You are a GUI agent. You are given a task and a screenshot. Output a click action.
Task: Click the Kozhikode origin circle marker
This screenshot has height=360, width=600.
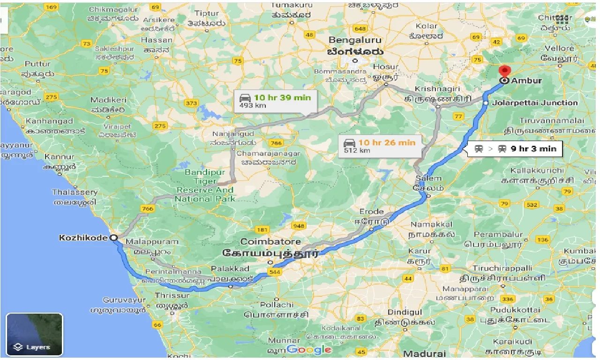pyautogui.click(x=113, y=238)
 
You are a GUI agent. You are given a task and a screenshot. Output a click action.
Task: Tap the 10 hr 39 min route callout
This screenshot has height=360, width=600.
pyautogui.click(x=275, y=101)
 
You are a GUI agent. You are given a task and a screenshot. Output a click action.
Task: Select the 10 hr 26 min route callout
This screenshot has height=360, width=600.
pyautogui.click(x=380, y=146)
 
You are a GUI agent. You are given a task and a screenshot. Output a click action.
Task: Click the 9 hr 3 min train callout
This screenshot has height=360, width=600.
pyautogui.click(x=516, y=149)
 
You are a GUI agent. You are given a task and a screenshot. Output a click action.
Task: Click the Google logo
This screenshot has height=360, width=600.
pyautogui.click(x=309, y=350)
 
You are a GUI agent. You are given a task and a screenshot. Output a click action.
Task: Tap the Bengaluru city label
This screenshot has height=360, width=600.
pyautogui.click(x=355, y=40)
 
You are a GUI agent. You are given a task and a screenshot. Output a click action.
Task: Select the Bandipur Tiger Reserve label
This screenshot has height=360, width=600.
pyautogui.click(x=204, y=186)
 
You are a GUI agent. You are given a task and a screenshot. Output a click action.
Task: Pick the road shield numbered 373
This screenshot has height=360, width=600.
pyautogui.click(x=191, y=103)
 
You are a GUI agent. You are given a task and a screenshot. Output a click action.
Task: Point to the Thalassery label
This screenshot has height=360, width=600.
pyautogui.click(x=75, y=192)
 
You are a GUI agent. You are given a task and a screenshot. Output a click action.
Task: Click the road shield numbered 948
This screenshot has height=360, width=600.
pyautogui.click(x=299, y=226)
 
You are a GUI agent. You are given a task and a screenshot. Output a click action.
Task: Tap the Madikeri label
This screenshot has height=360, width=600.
pyautogui.click(x=108, y=100)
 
